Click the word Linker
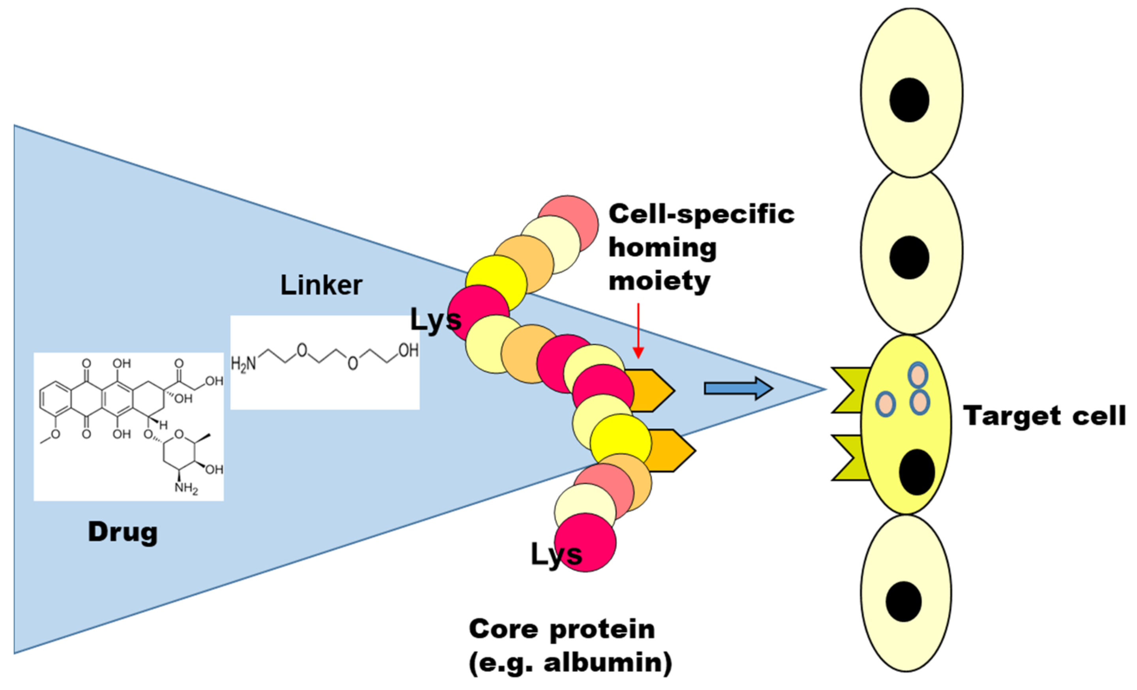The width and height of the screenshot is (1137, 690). pos(321,285)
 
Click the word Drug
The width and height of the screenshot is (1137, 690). pos(123,532)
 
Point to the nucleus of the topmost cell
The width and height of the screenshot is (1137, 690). pos(909,100)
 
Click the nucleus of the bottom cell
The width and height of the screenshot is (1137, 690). pos(904,602)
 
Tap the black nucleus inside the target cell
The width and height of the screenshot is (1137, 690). pos(916,472)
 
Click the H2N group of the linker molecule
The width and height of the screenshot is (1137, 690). pos(243,364)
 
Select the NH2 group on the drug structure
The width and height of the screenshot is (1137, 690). pos(186,488)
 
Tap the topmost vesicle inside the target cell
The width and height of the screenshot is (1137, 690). pos(917,375)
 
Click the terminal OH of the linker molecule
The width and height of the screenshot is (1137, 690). pos(408,351)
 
